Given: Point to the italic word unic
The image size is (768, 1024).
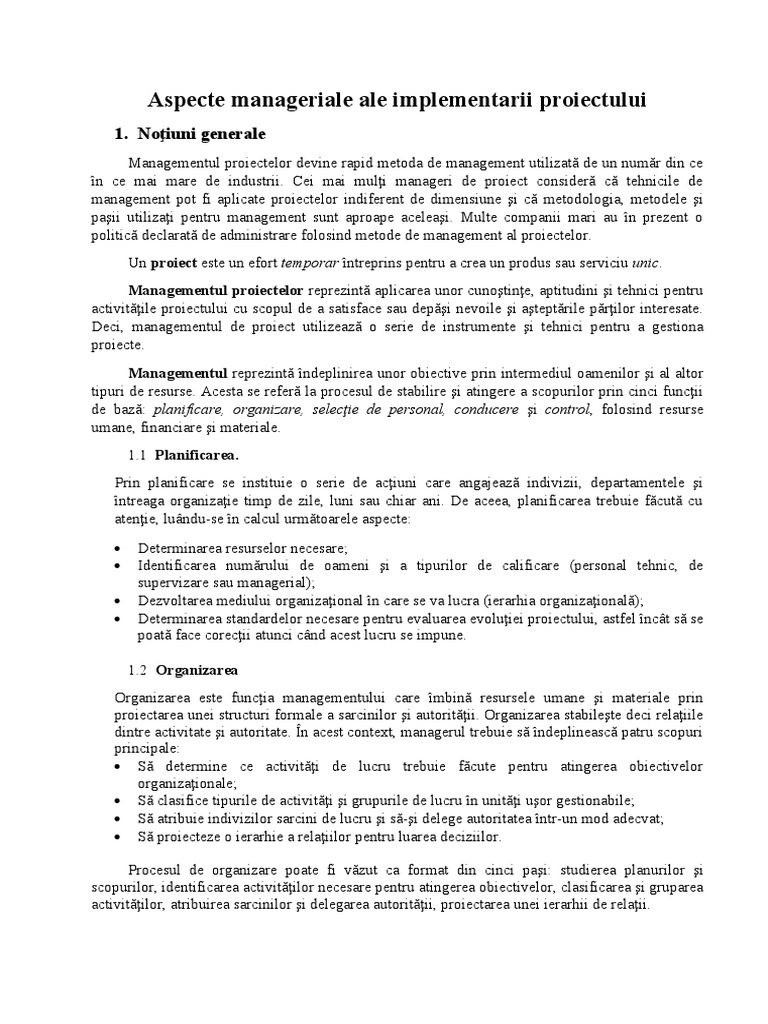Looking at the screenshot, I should (646, 263).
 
